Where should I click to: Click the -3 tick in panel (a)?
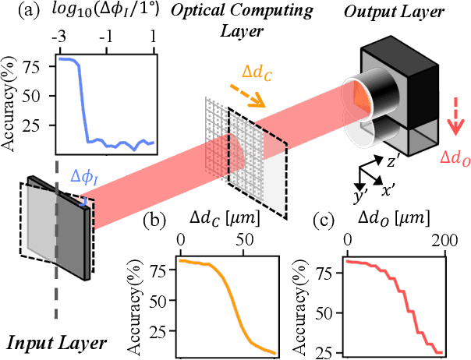tap(58, 37)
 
